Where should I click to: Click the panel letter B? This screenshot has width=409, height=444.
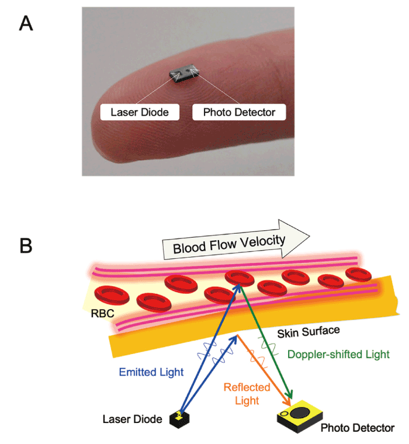tap(26, 245)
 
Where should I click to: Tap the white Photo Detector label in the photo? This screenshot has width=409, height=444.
tap(238, 111)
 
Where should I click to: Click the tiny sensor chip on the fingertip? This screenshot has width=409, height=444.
tap(184, 73)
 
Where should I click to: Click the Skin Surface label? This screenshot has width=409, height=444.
tap(304, 332)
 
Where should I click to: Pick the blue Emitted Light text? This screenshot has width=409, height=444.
tap(151, 372)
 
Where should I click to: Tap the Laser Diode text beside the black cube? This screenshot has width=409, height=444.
tap(132, 419)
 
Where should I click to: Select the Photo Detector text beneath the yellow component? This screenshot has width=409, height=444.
tap(357, 428)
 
